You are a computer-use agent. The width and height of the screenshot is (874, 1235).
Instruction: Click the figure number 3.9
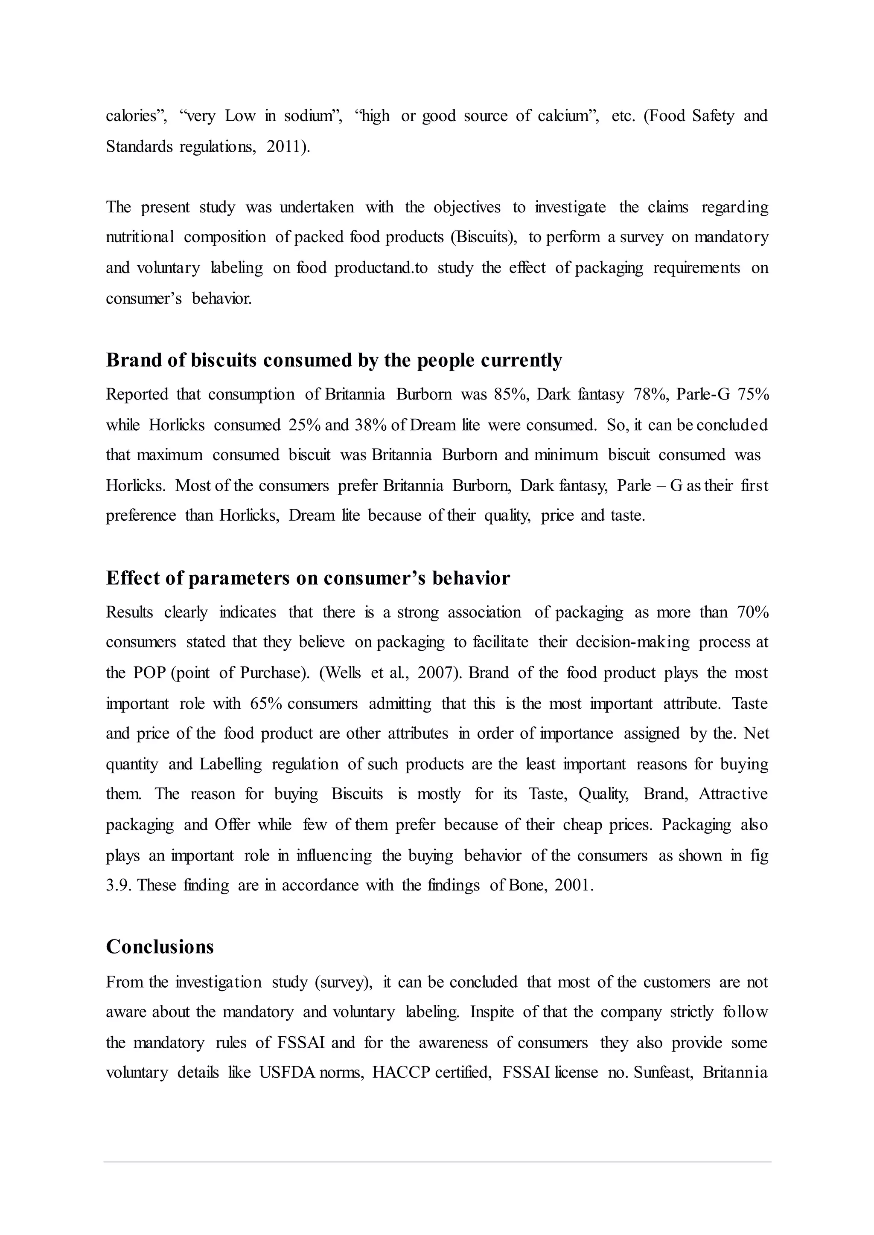(117, 885)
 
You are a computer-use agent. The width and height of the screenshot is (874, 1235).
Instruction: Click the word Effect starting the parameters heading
(132, 578)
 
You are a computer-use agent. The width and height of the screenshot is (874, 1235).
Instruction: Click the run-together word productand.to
(381, 268)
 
